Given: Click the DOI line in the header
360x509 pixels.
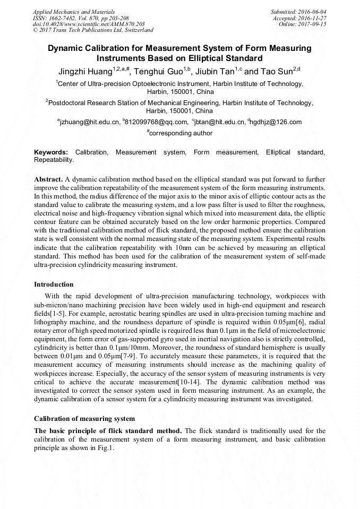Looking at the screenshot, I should (89, 24).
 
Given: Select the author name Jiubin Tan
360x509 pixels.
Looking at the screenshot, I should (220, 71).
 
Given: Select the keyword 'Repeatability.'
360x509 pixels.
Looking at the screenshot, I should (54, 159).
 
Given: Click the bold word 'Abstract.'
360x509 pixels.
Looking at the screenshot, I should (48, 179).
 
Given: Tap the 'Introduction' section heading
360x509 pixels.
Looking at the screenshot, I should (54, 284).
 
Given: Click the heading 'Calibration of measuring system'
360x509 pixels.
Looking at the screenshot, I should (84, 418).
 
